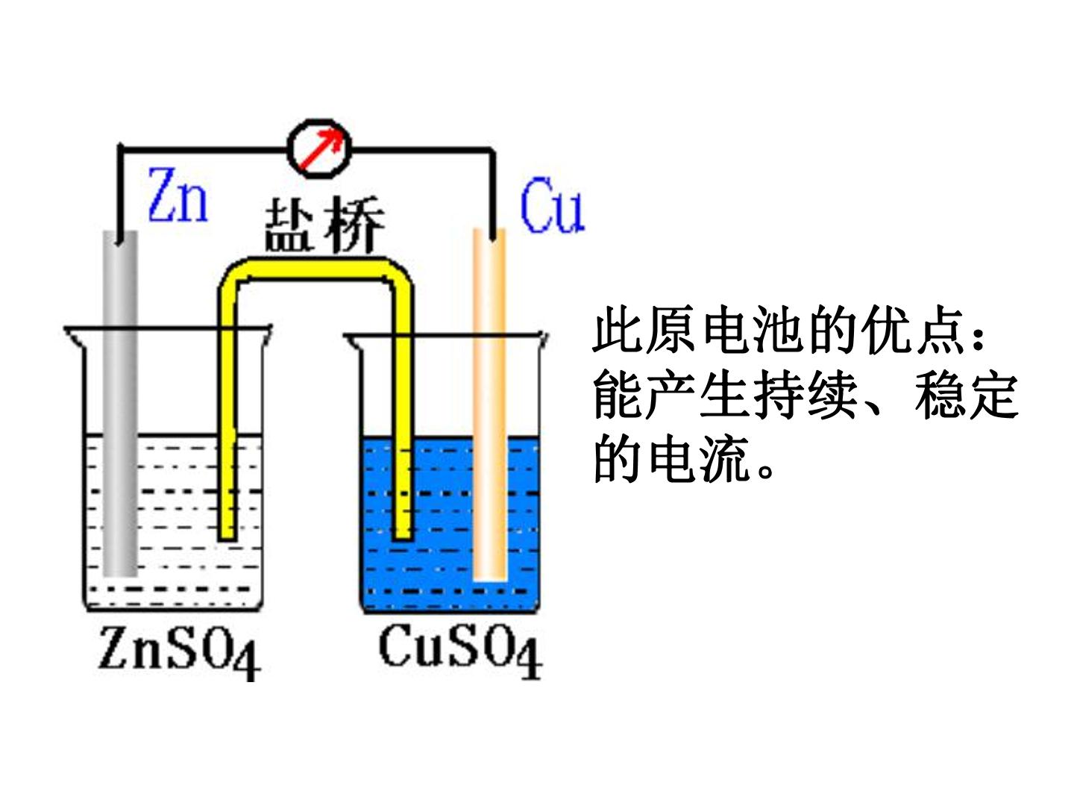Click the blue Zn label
(178, 194)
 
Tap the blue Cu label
(553, 205)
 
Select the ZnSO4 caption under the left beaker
(179, 652)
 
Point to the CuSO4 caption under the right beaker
(460, 650)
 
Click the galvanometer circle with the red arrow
(319, 148)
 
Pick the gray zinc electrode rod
(120, 404)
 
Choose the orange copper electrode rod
(489, 404)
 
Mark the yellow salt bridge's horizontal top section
(315, 270)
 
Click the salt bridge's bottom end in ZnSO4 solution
(227, 537)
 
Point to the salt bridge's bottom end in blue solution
(402, 537)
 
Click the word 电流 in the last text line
(700, 459)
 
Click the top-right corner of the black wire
(492, 149)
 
